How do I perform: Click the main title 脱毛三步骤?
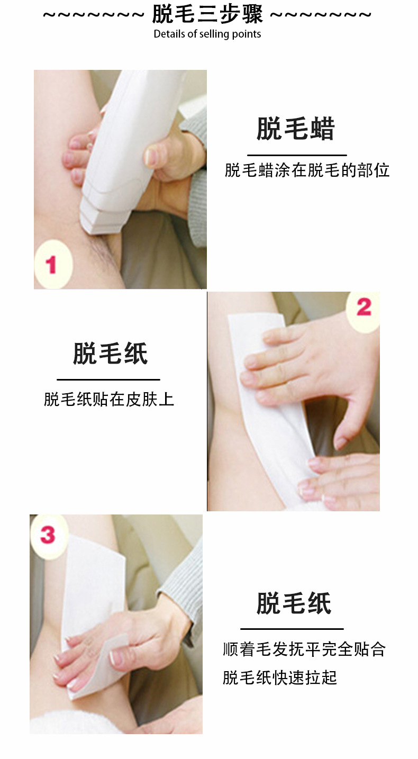[207, 14]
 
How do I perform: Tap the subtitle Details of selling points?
[207, 34]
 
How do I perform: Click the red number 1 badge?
[51, 265]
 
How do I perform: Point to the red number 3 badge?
[48, 535]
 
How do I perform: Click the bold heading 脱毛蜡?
[296, 129]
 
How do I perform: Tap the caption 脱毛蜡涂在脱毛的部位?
[307, 170]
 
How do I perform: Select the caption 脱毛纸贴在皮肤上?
[109, 399]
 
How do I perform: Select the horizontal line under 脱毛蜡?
[297, 155]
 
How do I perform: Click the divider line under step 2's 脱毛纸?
[108, 379]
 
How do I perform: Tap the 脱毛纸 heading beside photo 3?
[294, 603]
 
